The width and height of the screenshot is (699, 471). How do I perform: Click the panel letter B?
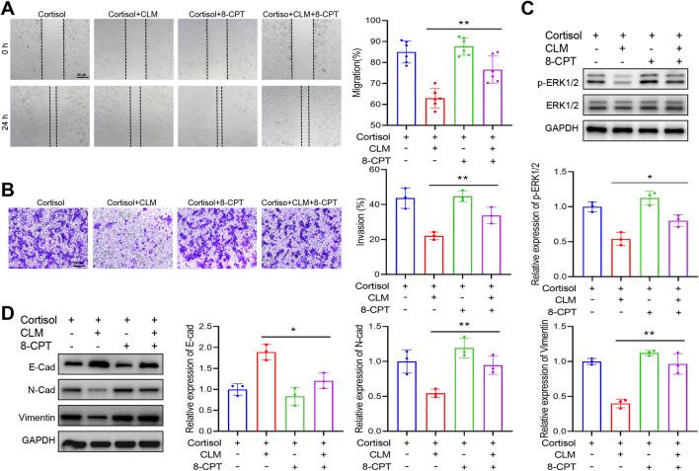tap(12, 187)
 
